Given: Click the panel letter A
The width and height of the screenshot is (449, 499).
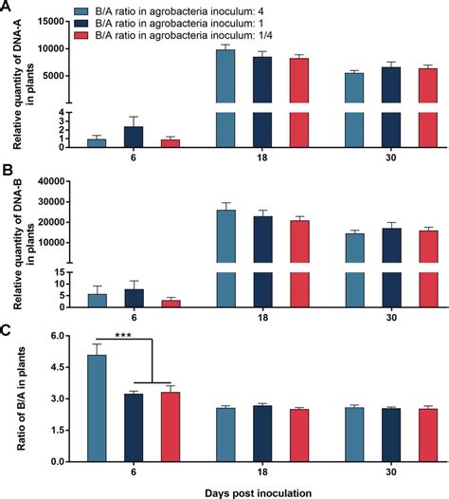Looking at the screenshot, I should [x=7, y=8].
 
